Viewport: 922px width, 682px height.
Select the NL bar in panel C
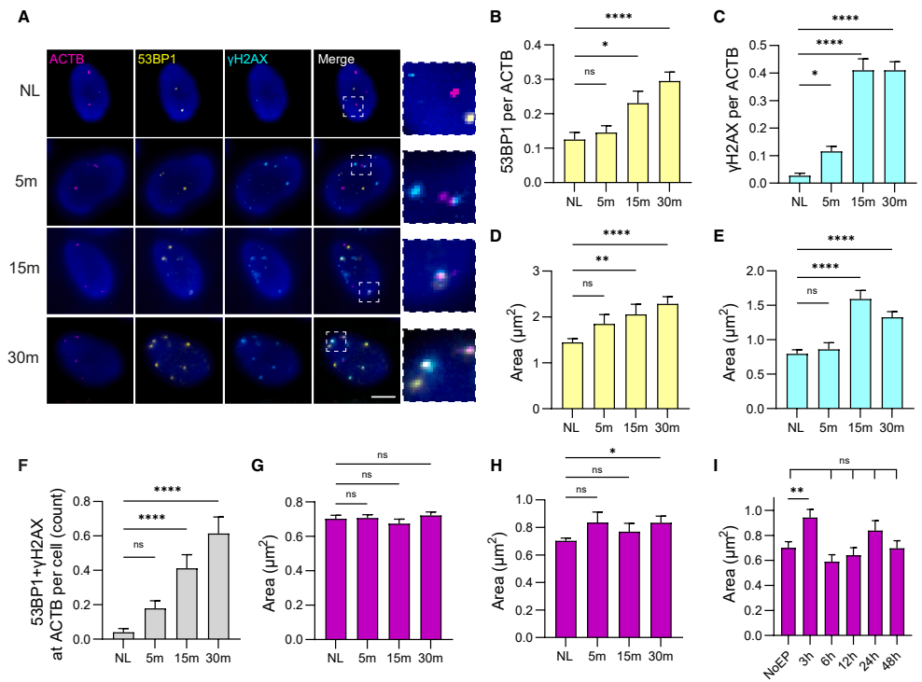(799, 179)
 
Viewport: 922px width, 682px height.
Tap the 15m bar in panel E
(860, 355)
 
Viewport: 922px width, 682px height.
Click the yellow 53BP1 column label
(157, 59)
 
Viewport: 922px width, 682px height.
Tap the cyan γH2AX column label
(247, 59)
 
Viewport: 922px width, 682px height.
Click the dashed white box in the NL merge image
(353, 106)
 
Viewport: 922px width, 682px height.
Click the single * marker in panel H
(613, 451)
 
